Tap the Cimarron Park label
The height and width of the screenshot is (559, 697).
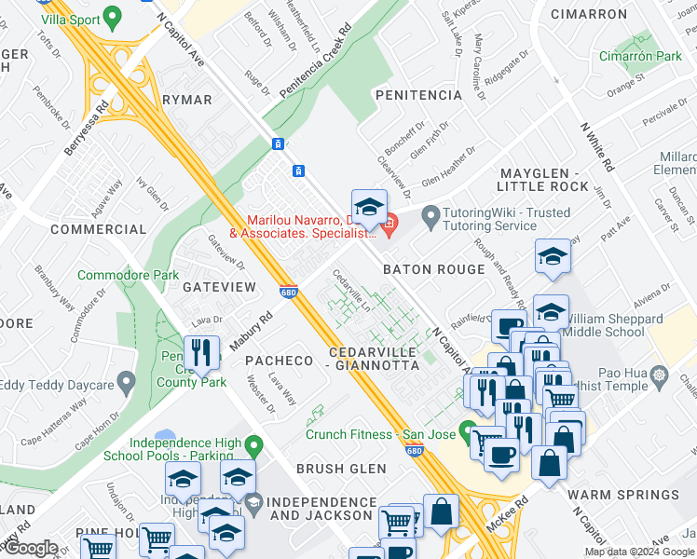[641, 57]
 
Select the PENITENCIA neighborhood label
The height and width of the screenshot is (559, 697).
[417, 95]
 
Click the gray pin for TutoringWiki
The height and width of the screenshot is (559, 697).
[430, 218]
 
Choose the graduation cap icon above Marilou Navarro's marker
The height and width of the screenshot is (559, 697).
[369, 208]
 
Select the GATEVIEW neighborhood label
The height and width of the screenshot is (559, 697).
[218, 287]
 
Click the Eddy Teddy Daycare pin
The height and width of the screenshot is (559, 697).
[128, 383]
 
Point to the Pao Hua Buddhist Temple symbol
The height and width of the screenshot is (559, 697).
[660, 375]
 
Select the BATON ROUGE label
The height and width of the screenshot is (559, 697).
[434, 269]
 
